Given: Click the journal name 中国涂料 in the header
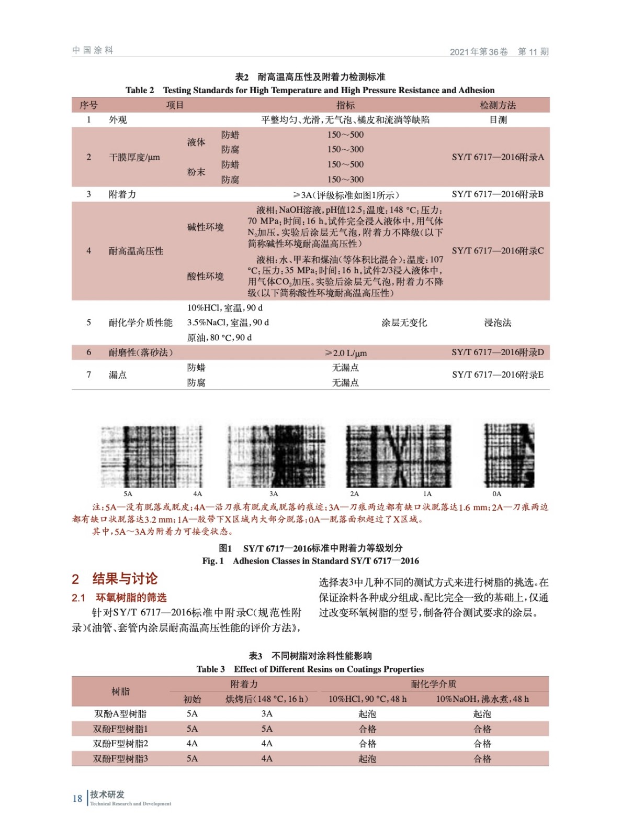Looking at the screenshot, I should pos(93,50).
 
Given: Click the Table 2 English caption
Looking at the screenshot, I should pos(310,90).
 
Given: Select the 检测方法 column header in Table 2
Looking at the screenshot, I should pos(498,105).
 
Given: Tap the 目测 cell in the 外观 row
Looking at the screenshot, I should pos(498,119).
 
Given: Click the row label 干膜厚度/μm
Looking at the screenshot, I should pos(134,157).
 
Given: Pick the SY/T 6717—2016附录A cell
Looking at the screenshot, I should pos(498,157).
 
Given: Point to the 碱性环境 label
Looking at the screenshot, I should pos(205,227).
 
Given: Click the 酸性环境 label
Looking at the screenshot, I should pos(205,276).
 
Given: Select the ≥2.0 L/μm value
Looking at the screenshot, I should pos(345,352).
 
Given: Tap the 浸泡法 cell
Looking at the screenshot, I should pos(498,323).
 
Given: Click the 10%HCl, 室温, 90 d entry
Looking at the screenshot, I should pos(225,307).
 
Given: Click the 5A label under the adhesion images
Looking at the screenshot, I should pos(128,493).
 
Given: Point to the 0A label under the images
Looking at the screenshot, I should pos(496,493).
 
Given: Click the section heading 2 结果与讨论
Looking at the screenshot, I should pos(115,578).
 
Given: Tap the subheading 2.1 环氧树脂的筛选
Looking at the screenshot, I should pos(119,597).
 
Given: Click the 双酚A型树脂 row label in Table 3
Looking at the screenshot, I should pos(120,713).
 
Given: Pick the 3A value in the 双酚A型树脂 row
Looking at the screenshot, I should pos(267,713).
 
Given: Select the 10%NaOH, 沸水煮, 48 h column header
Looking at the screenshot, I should pos(482,699).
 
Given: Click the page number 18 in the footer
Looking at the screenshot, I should pos(77,798).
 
